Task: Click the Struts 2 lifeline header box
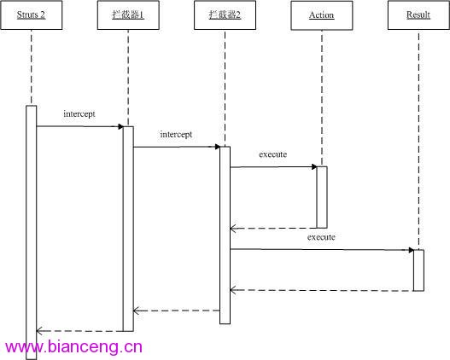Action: [32, 15]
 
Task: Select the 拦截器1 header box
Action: [128, 15]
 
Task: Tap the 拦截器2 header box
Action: [225, 15]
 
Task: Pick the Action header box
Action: [322, 15]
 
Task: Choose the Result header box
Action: [418, 15]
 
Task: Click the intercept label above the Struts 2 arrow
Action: [79, 114]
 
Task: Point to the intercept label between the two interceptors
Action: [176, 135]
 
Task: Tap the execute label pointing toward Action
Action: [273, 154]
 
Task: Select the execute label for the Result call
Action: [321, 237]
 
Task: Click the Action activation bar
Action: [322, 197]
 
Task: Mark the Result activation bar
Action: [418, 270]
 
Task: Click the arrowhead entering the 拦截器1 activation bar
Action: [120, 127]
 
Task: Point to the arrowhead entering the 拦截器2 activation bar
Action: [218, 147]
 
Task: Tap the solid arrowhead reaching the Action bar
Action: [314, 167]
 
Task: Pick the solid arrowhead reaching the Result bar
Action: [411, 250]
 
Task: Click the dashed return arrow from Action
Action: [273, 229]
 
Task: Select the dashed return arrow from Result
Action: [322, 290]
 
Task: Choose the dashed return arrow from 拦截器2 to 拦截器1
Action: [177, 311]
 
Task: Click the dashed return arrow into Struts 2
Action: [79, 331]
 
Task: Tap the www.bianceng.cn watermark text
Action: [73, 346]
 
